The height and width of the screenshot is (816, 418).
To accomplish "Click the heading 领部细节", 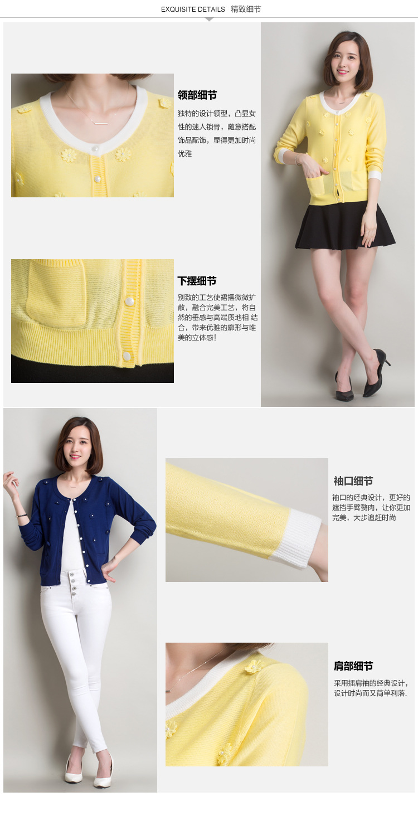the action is (x=197, y=95).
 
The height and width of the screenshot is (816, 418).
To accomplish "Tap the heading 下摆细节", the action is (x=197, y=281).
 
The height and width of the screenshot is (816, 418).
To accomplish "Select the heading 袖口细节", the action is (x=353, y=481).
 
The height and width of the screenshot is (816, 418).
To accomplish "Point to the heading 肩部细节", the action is (x=353, y=666).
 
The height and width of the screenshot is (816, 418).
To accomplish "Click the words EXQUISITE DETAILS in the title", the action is (x=193, y=9).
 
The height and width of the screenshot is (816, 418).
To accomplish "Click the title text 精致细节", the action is (x=246, y=9).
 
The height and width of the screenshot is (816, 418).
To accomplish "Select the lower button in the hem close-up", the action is (x=127, y=356).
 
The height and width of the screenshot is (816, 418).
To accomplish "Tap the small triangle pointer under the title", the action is (x=209, y=20).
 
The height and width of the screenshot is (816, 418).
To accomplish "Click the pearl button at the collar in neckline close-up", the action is (x=96, y=149).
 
